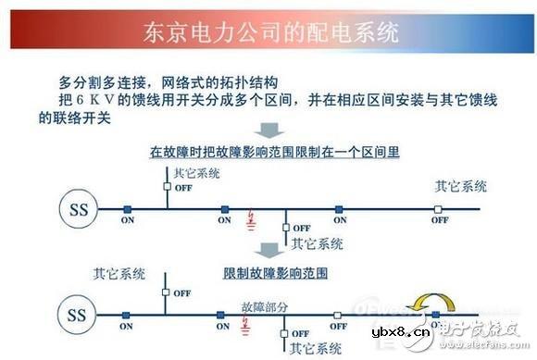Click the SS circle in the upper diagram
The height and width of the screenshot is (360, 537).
pos(79,208)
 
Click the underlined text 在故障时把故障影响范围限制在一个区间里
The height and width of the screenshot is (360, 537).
pos(274,152)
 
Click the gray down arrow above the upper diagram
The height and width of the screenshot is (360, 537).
pos(269,130)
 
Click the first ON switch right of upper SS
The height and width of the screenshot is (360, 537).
pos(127,208)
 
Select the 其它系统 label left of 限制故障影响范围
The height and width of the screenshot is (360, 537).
pos(119,274)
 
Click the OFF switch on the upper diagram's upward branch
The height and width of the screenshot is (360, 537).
pos(167,186)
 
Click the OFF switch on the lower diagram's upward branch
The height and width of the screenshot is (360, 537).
pos(167,293)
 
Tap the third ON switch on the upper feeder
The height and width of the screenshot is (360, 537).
pos(340,208)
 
